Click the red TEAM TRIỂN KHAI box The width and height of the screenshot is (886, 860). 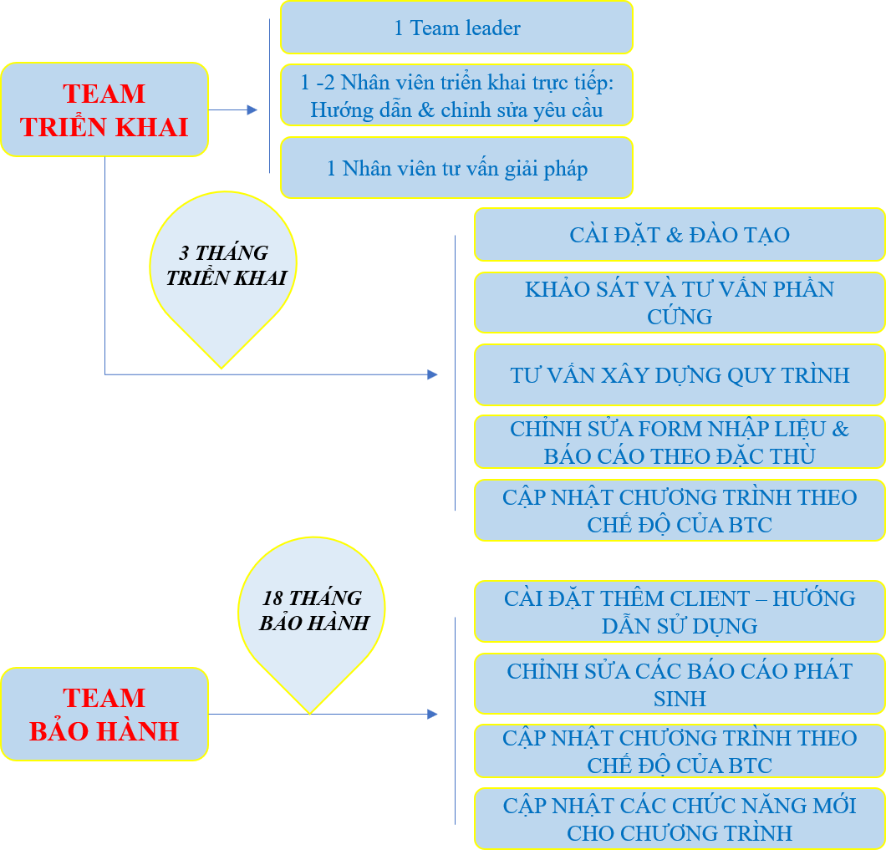(x=104, y=109)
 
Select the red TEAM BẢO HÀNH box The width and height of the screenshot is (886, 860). (x=104, y=714)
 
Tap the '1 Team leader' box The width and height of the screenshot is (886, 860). (x=456, y=28)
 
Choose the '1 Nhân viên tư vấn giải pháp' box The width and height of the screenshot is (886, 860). (x=456, y=168)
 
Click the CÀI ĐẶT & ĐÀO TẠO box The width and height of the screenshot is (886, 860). (x=679, y=234)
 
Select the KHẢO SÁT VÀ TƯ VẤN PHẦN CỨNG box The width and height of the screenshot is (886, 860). (x=679, y=303)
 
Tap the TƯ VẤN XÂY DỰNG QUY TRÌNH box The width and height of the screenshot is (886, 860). (x=679, y=374)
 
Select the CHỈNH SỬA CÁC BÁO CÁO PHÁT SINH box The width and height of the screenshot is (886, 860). (x=679, y=684)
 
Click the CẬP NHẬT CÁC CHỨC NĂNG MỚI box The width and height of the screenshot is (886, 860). (x=679, y=819)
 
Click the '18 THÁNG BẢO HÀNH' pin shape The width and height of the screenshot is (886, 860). (x=311, y=618)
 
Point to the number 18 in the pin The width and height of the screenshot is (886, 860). (x=273, y=598)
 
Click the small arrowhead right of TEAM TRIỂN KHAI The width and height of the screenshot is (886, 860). (x=252, y=109)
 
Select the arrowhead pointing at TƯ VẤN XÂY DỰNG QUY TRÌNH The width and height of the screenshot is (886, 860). (x=432, y=374)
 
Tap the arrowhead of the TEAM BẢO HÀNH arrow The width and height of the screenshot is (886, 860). (x=432, y=714)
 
